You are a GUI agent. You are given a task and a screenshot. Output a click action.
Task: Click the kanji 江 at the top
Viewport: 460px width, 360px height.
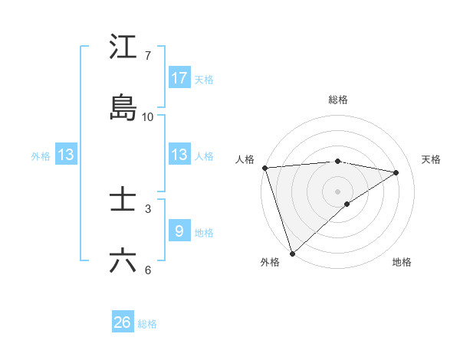click(x=123, y=47)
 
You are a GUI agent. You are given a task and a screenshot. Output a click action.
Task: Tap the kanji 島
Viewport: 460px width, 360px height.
click(x=123, y=108)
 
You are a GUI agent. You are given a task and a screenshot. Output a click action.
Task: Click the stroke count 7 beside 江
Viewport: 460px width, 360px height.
click(x=148, y=55)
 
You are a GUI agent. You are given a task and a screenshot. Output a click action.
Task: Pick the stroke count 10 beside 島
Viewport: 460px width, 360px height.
click(x=148, y=116)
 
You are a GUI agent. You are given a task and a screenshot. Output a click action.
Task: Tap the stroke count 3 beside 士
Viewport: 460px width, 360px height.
click(x=148, y=208)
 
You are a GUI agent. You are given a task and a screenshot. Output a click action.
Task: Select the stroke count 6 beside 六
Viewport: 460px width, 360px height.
click(x=148, y=270)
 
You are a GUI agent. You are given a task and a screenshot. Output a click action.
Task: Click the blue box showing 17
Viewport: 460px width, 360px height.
click(x=179, y=77)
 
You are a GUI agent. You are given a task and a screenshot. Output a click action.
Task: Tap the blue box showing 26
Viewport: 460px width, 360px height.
click(x=123, y=322)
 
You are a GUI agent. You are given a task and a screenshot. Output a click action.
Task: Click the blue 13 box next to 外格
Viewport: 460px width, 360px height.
click(x=66, y=155)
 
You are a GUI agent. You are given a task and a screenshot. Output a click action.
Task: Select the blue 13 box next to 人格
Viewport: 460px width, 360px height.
click(x=179, y=155)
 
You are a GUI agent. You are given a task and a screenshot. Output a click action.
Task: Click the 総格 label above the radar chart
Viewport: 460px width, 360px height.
click(x=338, y=100)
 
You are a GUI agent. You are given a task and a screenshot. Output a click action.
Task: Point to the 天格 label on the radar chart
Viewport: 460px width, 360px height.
click(x=431, y=159)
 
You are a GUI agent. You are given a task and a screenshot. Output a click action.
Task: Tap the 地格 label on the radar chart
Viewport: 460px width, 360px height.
click(x=402, y=262)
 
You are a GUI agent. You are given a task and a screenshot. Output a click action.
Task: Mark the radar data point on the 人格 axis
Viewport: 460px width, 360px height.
click(x=264, y=168)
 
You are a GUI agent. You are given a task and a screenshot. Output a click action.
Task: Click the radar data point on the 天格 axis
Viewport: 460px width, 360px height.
click(x=396, y=172)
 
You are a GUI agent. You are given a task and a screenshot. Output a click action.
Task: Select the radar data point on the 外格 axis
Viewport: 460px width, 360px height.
click(x=292, y=253)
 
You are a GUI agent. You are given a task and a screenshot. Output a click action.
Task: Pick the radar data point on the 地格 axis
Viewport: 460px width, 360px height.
click(x=347, y=204)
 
